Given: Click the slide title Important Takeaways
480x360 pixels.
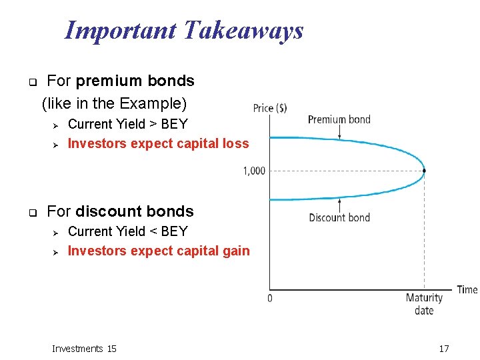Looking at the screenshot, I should (183, 31).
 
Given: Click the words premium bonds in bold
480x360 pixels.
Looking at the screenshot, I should (135, 81).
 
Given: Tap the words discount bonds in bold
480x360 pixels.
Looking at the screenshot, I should (134, 212).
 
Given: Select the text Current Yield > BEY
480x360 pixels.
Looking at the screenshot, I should (128, 124).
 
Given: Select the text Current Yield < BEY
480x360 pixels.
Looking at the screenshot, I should (128, 231).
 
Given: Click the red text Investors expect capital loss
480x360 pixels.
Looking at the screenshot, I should (158, 143).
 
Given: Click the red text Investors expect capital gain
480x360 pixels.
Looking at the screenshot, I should (159, 251).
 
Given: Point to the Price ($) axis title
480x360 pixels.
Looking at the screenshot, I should (270, 108).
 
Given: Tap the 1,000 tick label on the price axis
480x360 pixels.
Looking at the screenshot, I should (253, 171).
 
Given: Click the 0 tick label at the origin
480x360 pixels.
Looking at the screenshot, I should (269, 298).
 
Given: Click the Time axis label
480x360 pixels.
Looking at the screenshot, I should (467, 289).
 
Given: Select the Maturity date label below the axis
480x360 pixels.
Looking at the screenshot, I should (424, 304).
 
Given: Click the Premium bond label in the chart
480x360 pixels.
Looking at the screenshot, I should (339, 120).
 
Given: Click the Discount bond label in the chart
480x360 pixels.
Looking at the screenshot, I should (339, 217).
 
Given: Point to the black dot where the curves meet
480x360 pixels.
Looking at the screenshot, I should (424, 171).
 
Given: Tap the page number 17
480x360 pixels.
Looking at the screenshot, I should (444, 349).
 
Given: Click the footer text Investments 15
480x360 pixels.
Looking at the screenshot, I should (84, 349).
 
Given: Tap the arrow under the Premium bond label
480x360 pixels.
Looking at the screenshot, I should (339, 133).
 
